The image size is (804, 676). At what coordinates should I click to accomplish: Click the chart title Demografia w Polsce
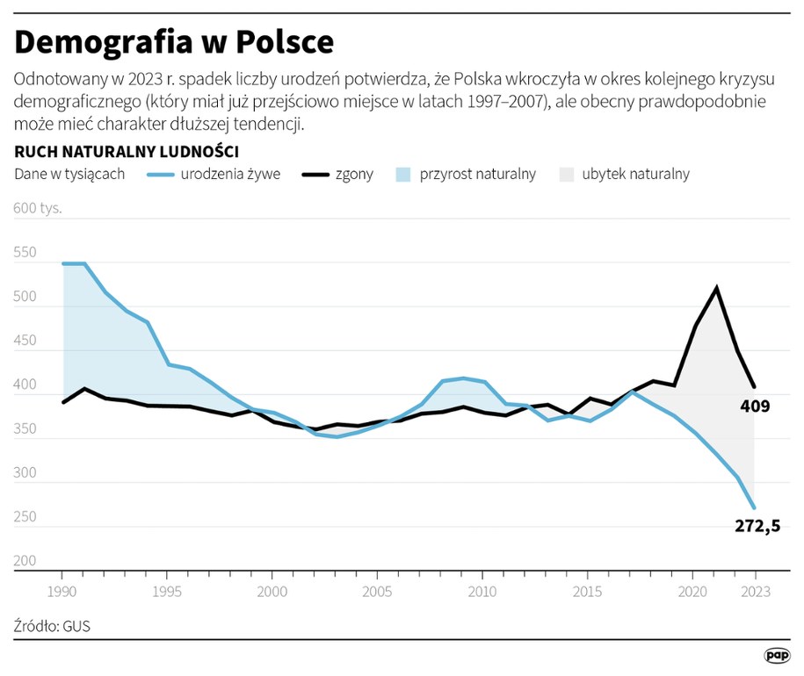174,41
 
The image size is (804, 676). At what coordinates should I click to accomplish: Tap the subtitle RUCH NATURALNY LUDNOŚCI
127,151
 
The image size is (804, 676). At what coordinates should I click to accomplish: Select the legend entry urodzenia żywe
230,174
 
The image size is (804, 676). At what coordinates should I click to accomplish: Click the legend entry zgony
354,174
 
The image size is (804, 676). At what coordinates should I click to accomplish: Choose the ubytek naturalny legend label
635,174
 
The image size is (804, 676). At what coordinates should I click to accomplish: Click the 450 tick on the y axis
25,342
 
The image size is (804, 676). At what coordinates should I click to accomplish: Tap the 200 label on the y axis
25,561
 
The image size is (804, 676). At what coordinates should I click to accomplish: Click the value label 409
755,406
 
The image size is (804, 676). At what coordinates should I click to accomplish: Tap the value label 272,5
757,527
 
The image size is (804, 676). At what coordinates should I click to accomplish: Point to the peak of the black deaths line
717,287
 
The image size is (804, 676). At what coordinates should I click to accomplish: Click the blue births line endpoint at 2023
754,507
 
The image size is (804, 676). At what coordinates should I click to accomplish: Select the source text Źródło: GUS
52,627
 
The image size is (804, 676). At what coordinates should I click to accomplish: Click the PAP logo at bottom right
777,655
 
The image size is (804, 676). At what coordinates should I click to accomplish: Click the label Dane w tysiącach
69,174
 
